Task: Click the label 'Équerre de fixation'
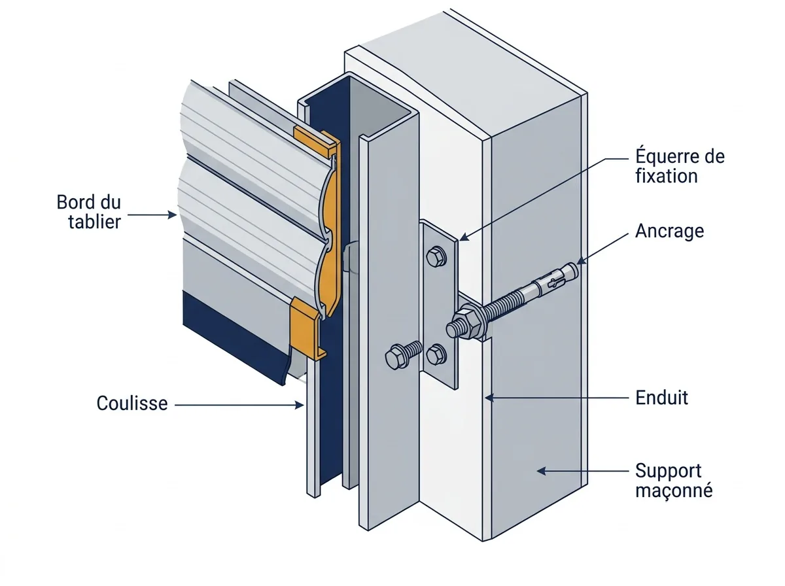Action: coord(680,166)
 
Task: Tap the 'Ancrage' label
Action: coord(669,231)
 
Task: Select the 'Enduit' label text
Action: coord(661,398)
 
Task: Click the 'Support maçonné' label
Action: coord(674,480)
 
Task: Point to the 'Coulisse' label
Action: coord(132,404)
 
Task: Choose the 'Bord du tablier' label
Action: coord(89,212)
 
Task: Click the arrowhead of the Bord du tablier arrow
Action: coord(173,215)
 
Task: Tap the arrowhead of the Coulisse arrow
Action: coord(300,405)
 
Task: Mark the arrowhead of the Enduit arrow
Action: coord(489,397)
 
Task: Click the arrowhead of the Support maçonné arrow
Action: coord(542,472)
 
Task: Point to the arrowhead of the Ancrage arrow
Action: coord(581,261)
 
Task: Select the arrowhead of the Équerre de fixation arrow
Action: coord(463,237)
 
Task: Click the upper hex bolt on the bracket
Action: coord(436,256)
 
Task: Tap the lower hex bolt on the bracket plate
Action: coord(436,354)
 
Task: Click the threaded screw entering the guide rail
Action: coord(403,355)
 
